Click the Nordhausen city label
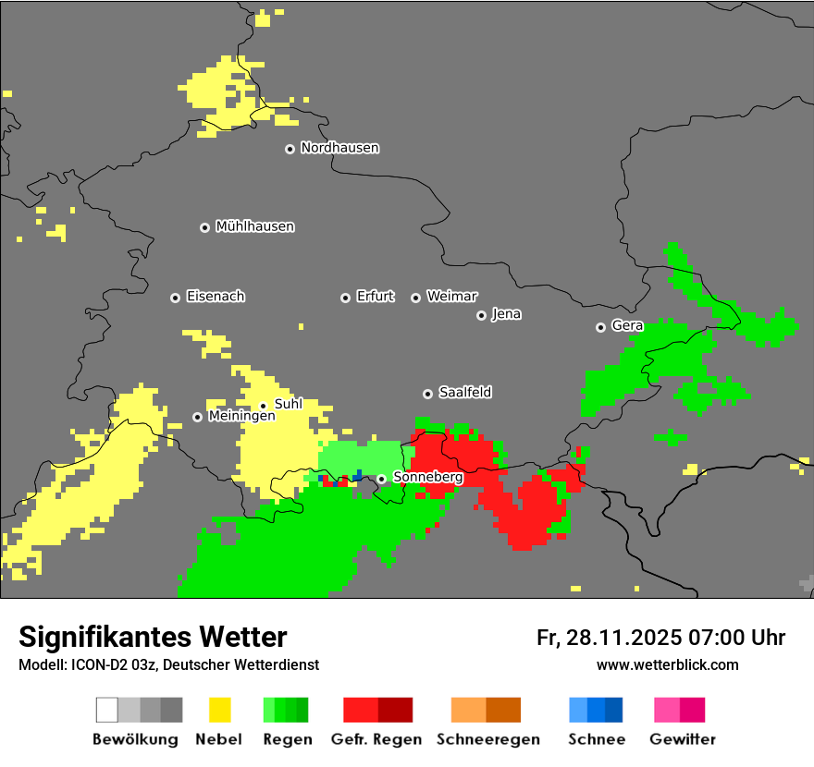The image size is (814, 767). (x=339, y=148)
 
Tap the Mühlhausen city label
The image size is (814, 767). (x=254, y=226)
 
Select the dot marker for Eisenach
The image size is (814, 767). (x=175, y=298)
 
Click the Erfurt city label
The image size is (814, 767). (x=375, y=297)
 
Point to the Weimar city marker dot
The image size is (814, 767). (x=415, y=298)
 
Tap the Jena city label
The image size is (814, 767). (x=506, y=314)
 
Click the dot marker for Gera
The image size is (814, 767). (x=600, y=327)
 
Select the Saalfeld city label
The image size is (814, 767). (x=464, y=393)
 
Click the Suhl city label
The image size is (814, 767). (x=288, y=404)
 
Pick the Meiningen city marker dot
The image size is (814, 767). (x=197, y=417)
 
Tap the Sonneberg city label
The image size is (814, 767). (x=427, y=477)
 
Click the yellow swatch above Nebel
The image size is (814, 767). (x=219, y=710)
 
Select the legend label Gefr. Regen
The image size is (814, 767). (x=376, y=739)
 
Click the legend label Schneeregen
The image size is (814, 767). (x=487, y=739)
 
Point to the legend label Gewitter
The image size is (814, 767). (x=683, y=739)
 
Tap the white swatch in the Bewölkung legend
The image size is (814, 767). (x=107, y=710)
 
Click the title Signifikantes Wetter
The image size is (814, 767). (x=153, y=637)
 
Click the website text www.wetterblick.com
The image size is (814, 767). (x=667, y=665)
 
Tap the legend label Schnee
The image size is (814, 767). (x=597, y=739)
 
